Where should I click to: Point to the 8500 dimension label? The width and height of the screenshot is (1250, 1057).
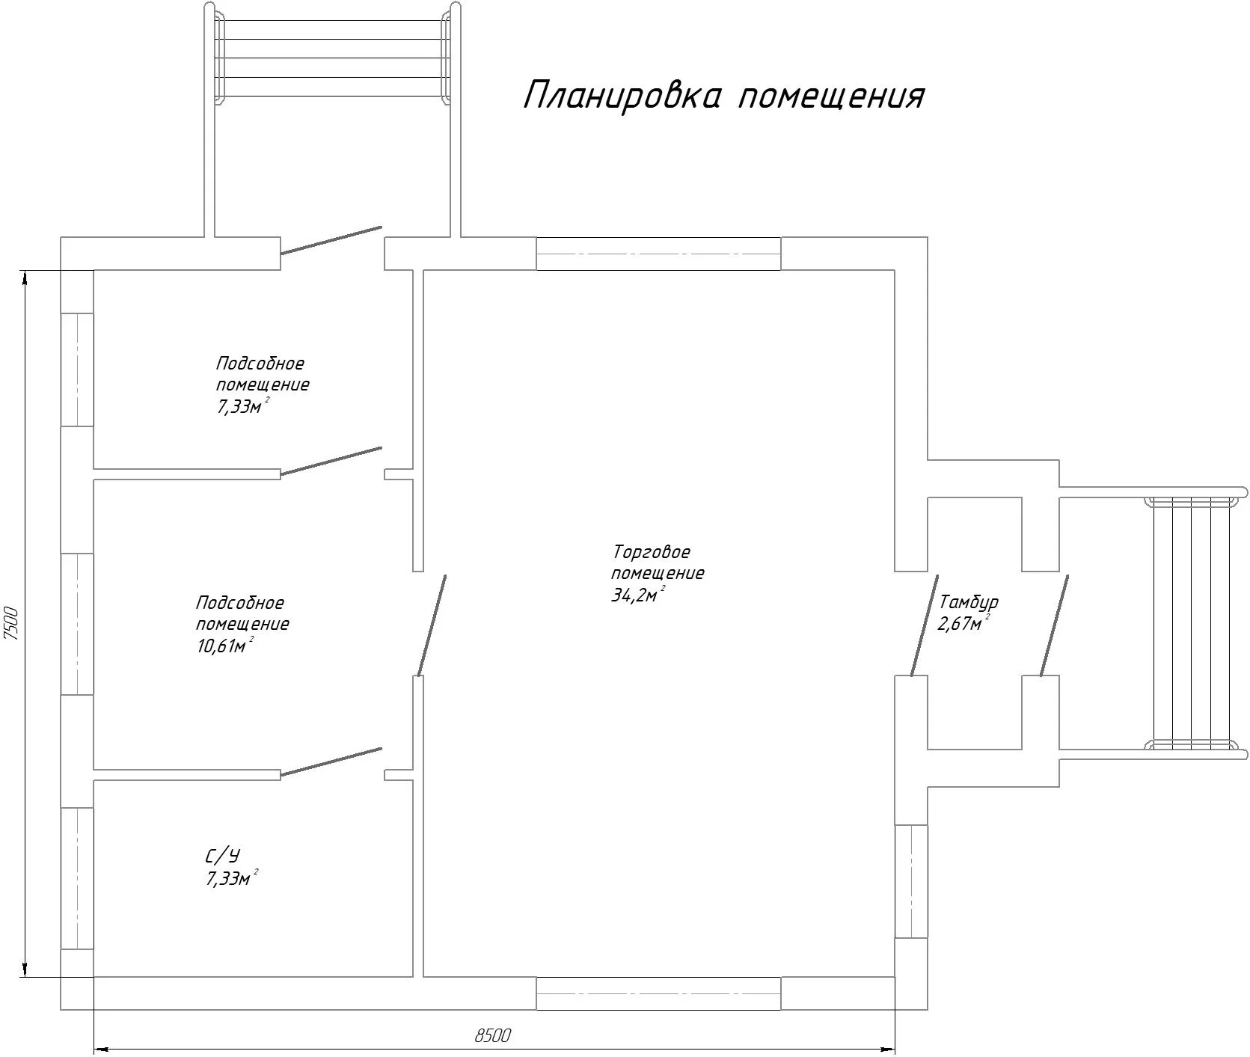492,1035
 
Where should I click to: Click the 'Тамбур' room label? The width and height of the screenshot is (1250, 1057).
969,603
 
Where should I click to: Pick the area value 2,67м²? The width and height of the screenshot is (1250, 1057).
963,623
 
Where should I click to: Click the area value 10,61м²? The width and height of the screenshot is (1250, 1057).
224,646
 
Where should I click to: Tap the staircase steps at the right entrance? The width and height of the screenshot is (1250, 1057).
1192,622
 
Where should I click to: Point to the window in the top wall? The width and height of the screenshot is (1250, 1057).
658,254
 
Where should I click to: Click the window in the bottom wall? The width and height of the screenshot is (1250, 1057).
658,993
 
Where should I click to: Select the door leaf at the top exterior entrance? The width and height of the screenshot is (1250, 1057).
331,240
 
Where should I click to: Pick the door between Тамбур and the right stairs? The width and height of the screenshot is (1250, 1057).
1053,625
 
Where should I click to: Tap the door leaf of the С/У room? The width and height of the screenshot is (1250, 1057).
331,762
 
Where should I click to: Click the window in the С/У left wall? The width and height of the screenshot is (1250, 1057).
76,878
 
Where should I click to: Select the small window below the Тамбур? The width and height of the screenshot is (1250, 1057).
911,881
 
